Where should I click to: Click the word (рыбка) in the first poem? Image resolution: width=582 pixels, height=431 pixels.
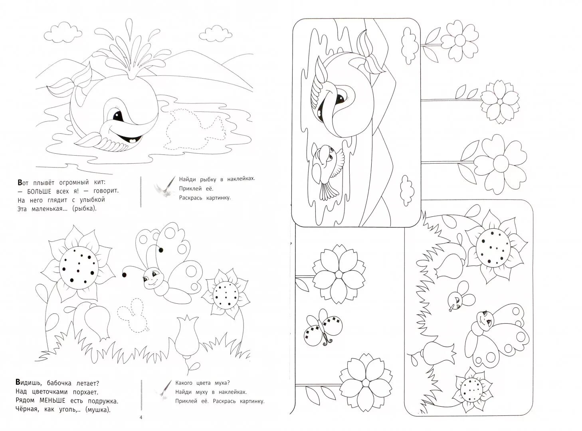point(85,208)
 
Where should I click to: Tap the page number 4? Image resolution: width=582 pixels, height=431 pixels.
point(140,417)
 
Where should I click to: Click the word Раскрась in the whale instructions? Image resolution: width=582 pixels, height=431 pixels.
point(190,198)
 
